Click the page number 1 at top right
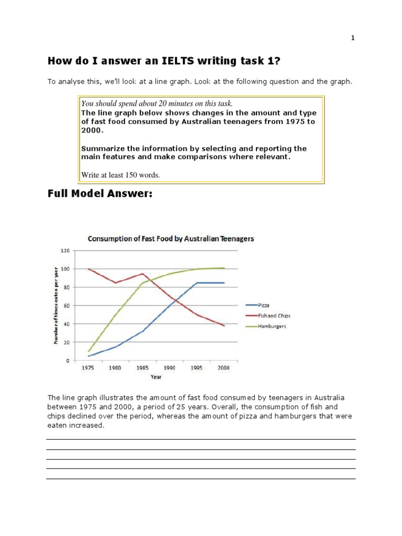tap(353, 38)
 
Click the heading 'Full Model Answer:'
tap(100, 194)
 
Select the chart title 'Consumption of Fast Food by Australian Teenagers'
tap(171, 239)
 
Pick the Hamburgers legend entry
tap(272, 326)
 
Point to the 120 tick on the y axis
tap(65, 251)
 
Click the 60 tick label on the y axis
tap(66, 306)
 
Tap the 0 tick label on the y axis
tap(68, 361)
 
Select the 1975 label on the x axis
tap(88, 368)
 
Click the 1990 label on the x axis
tap(170, 368)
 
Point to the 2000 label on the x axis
tap(224, 368)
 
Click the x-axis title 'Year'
tap(156, 376)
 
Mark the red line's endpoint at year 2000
tap(224, 326)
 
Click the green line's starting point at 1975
tap(88, 351)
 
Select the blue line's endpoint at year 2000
tap(224, 283)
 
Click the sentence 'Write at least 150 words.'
tap(120, 175)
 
